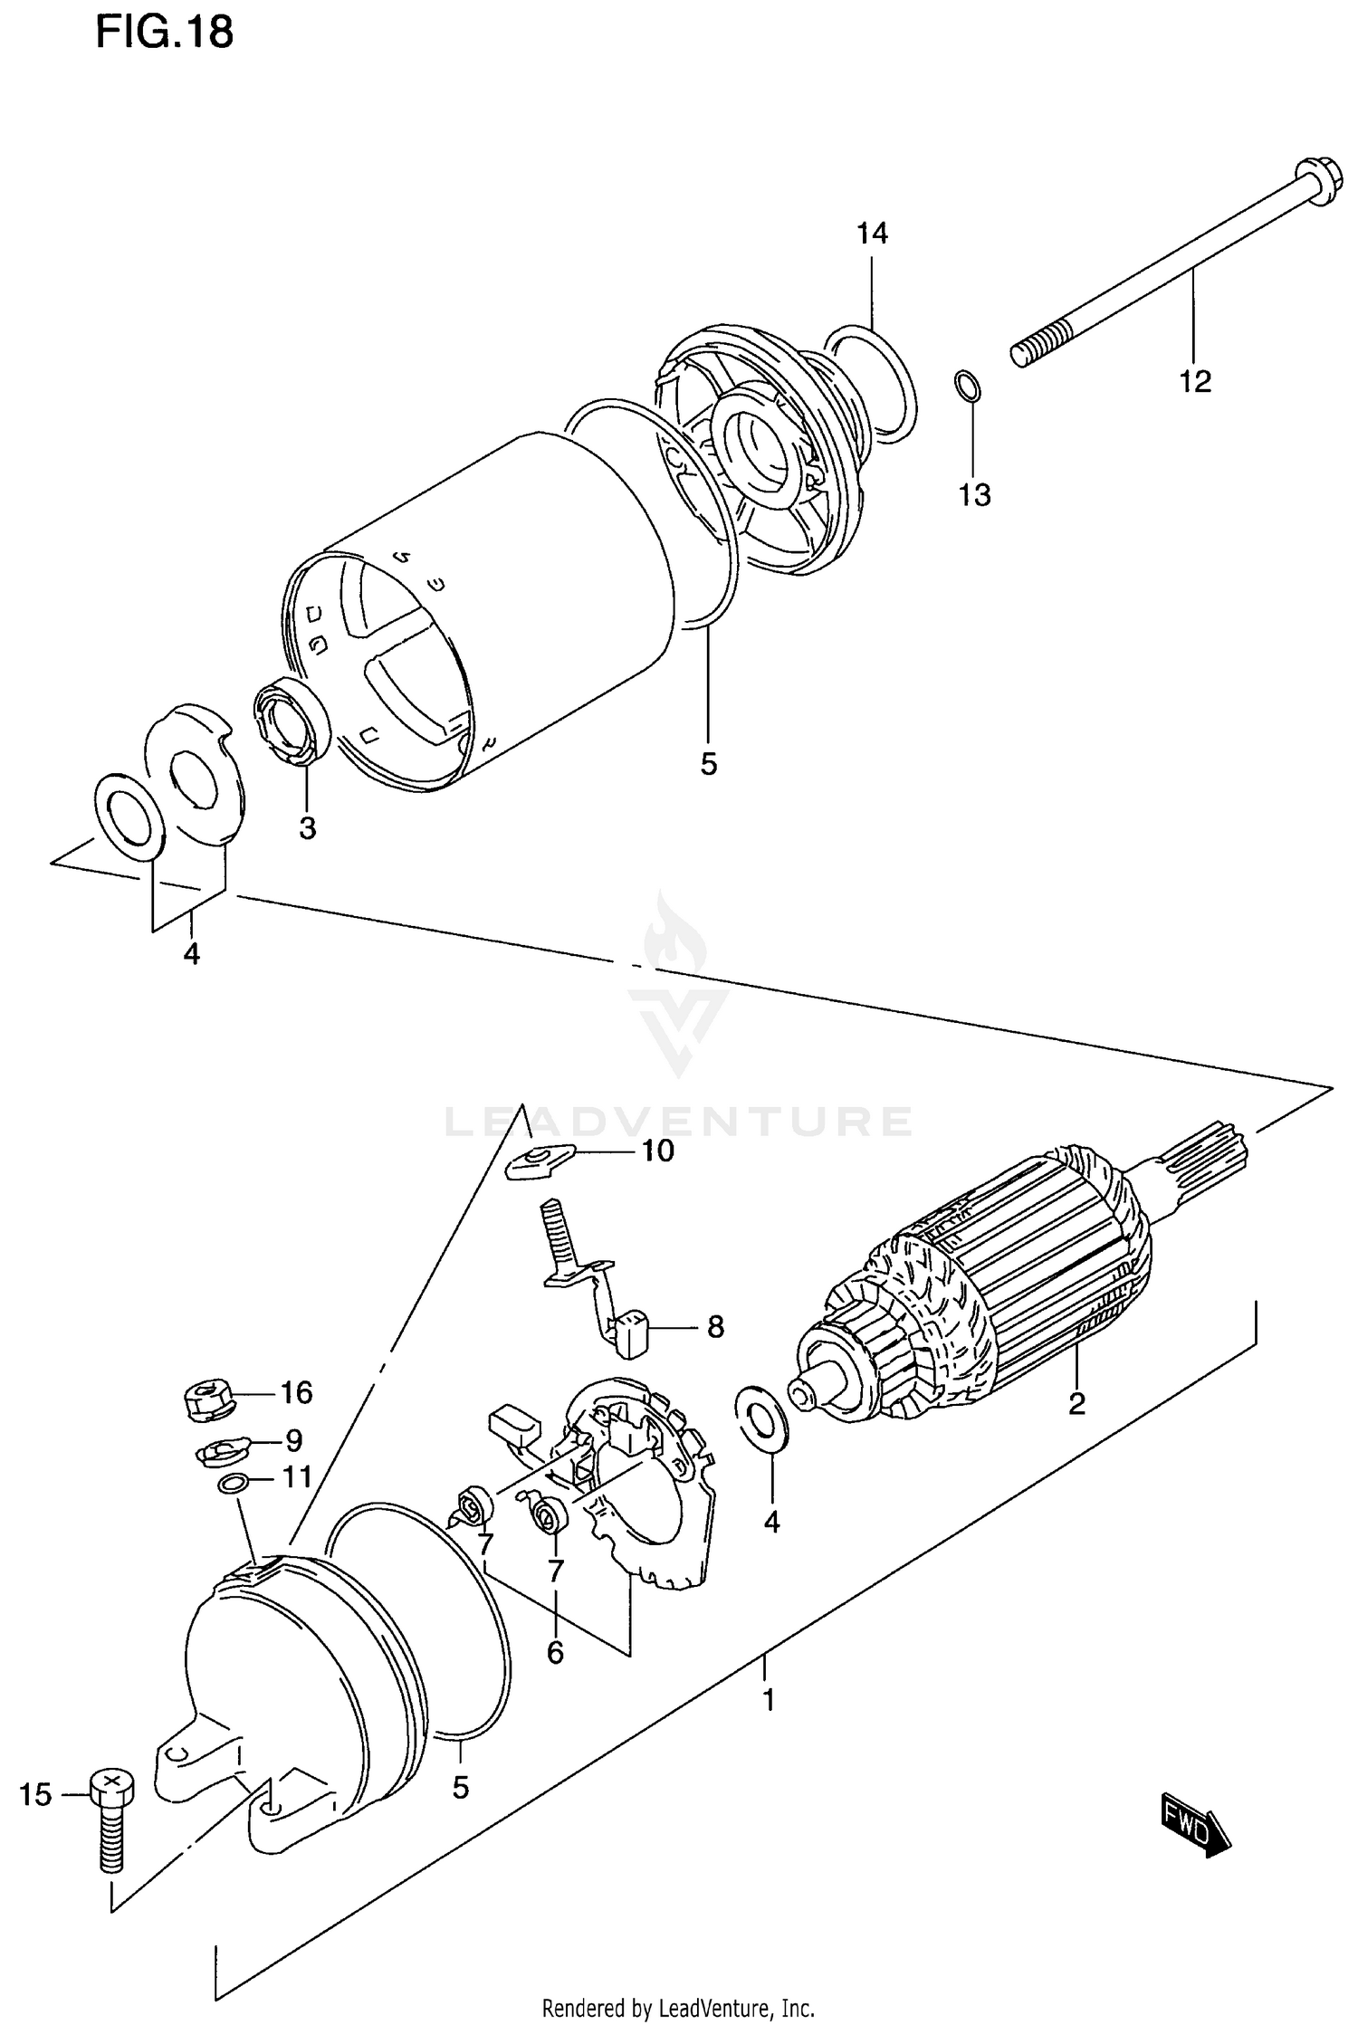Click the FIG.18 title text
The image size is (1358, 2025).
pos(164,33)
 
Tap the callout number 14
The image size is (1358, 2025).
pos(872,234)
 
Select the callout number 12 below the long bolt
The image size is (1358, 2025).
pos(1194,381)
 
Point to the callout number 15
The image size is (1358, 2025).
pos(35,1794)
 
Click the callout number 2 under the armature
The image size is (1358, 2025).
pos(1076,1404)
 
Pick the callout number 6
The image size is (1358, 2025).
pos(554,1653)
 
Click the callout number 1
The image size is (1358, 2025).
pos(768,1700)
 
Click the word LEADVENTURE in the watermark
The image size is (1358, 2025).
pos(678,1122)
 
